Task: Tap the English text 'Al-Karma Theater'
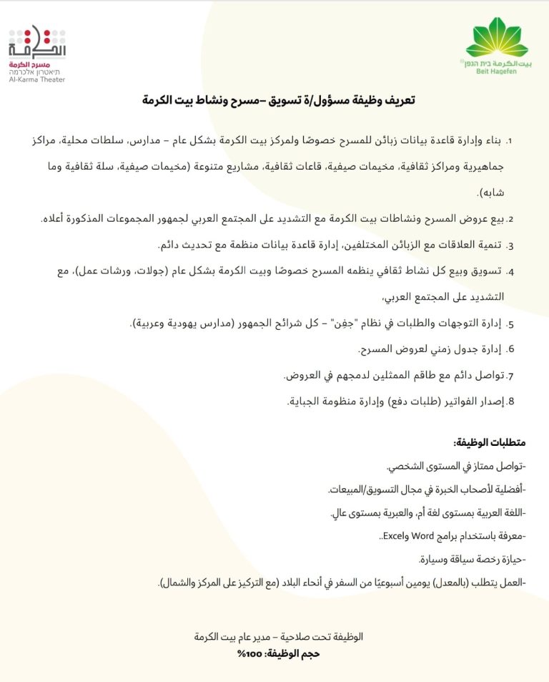pyautogui.click(x=38, y=79)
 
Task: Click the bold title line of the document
pyautogui.click(x=274, y=100)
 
